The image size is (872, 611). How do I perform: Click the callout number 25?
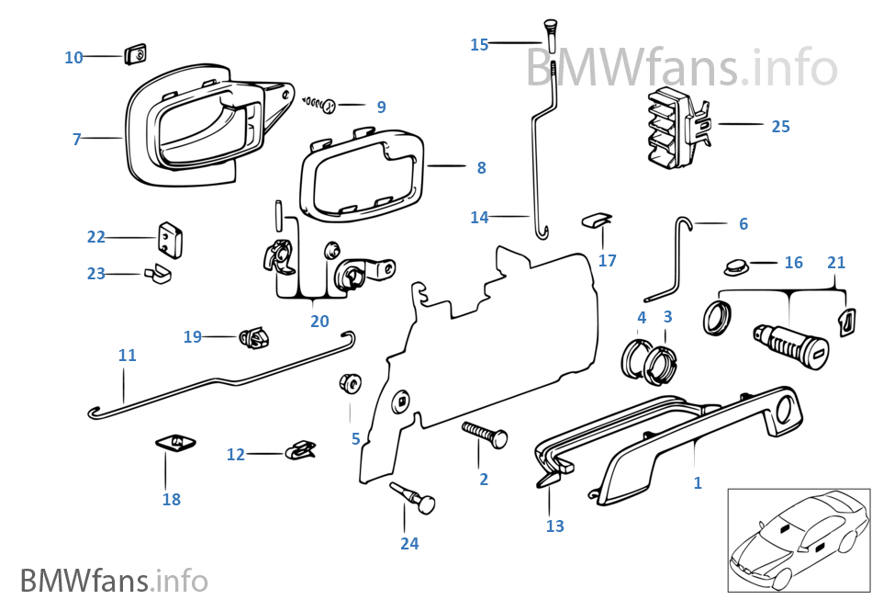780,127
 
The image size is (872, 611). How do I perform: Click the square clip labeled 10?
136,54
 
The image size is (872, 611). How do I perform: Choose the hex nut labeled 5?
351,383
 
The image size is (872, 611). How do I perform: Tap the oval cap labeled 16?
735,266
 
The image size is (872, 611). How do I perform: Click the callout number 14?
479,218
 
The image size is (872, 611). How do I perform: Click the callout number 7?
76,140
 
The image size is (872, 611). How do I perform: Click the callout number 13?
554,526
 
